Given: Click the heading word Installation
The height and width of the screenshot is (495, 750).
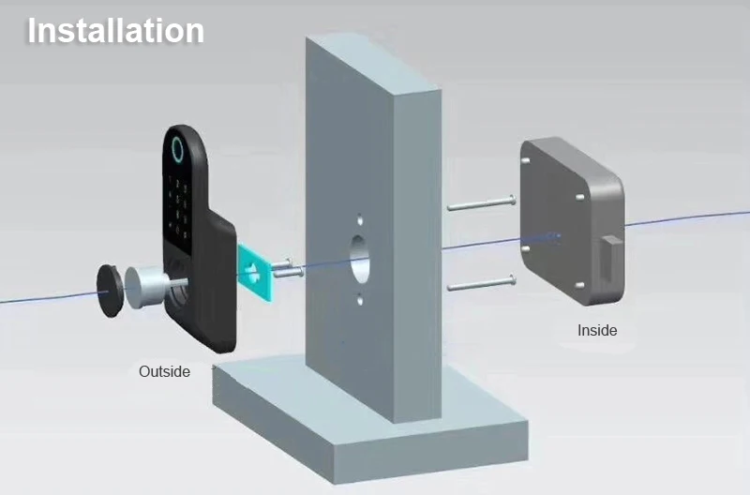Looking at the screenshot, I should [x=115, y=30].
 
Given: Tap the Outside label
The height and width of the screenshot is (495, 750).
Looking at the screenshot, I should [x=164, y=371].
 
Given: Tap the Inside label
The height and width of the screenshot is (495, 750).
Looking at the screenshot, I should [x=597, y=330].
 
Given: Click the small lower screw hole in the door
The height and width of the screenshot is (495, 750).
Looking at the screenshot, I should [x=359, y=301].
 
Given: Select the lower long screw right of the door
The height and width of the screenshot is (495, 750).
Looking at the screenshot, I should [x=481, y=282].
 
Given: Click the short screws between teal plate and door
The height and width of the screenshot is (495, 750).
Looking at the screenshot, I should [x=287, y=271].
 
